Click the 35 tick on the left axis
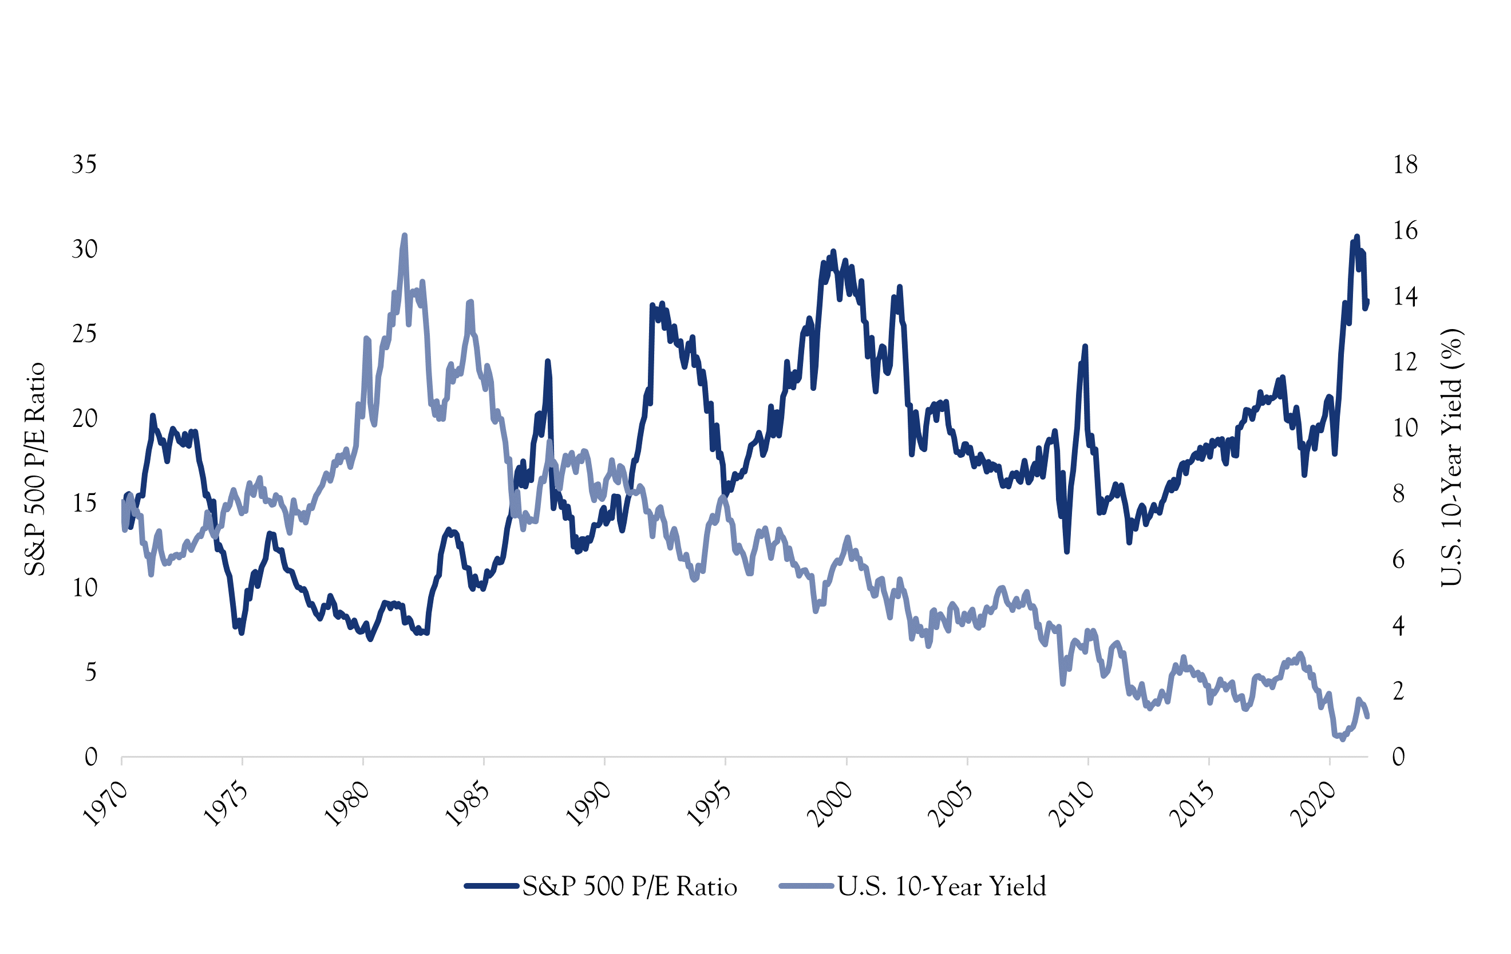coord(84,164)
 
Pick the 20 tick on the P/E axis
coord(84,418)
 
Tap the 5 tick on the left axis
coord(90,672)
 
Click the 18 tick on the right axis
coord(1405,164)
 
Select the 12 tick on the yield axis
coord(1405,362)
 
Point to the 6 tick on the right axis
coord(1399,560)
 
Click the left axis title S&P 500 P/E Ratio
coord(35,469)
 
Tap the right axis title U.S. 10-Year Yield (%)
coord(1451,457)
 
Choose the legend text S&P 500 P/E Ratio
coord(630,886)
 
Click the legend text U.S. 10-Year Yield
coord(942,886)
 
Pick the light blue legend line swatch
coord(807,886)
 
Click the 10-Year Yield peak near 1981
coord(405,235)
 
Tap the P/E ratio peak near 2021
coord(1356,236)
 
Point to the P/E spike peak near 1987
coord(547,361)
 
